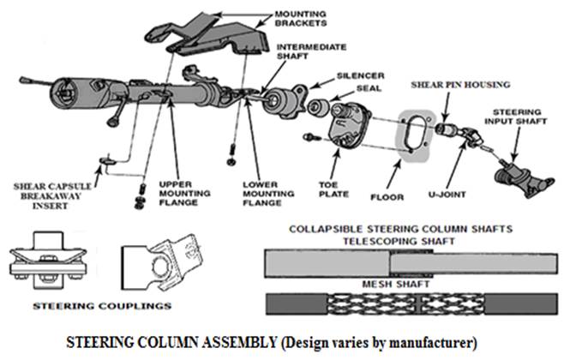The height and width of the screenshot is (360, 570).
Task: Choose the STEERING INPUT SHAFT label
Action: pos(516,121)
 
